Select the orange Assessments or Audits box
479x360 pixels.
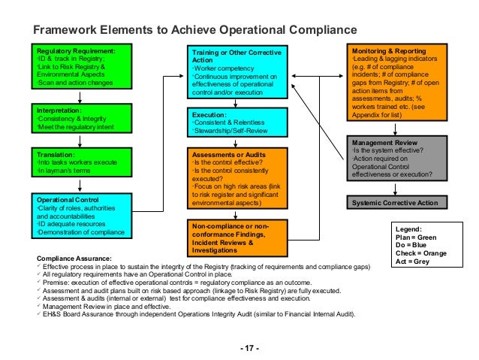(x=236, y=177)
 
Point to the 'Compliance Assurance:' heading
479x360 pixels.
(x=69, y=258)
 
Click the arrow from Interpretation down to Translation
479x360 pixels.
(x=78, y=142)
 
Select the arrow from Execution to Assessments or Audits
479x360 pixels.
(x=236, y=143)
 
